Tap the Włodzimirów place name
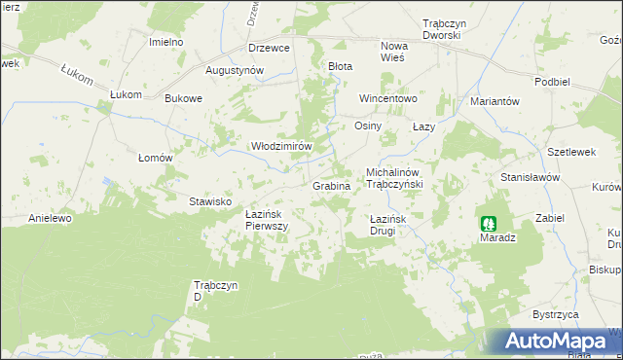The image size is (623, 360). click(x=281, y=146)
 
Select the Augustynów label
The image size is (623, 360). click(x=235, y=71)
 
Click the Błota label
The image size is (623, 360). click(x=340, y=66)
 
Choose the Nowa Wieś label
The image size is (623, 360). click(x=394, y=52)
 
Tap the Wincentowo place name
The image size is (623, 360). click(x=388, y=99)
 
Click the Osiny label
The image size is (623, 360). click(x=368, y=126)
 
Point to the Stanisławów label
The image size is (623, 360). click(x=530, y=178)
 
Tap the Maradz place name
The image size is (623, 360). click(x=497, y=237)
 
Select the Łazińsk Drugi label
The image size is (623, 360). click(x=394, y=226)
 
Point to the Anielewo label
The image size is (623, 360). click(x=51, y=218)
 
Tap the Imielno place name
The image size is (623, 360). click(x=165, y=43)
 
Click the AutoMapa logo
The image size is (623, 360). click(x=554, y=342)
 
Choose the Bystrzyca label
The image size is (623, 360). click(x=556, y=315)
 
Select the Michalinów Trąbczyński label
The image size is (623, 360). click(x=405, y=178)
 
